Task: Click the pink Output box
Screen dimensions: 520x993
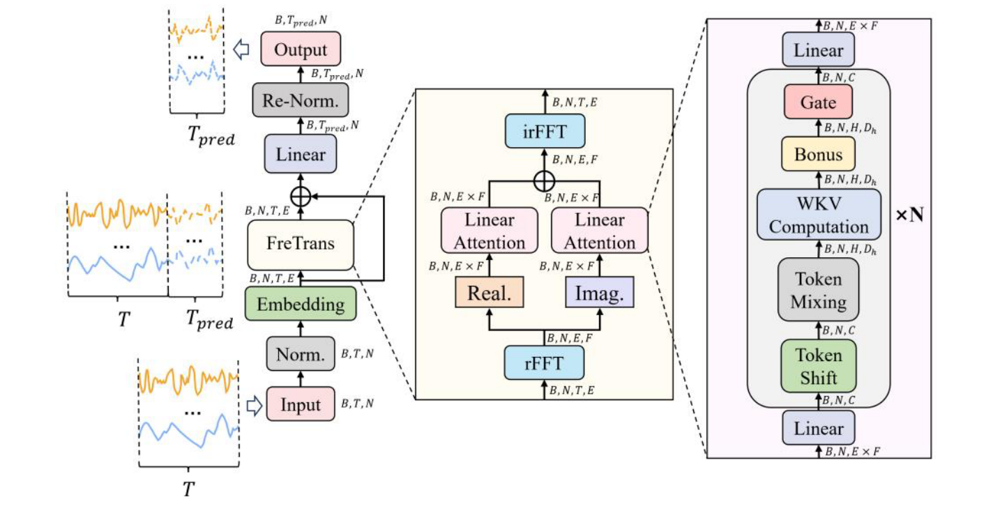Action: pos(301,50)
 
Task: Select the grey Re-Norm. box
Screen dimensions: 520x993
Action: pos(301,102)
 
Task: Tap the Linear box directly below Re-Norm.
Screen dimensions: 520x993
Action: pos(301,153)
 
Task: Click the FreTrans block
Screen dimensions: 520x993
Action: pos(301,244)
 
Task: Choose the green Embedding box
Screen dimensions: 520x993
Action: pos(301,305)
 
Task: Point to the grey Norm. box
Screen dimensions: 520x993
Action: pos(301,355)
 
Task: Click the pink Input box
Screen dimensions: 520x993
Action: pos(301,405)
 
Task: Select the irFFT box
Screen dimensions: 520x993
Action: pos(543,130)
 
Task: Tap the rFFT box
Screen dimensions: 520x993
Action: pos(543,362)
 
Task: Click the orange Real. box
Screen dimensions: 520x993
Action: pos(489,293)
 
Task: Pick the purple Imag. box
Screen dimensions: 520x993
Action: pos(600,293)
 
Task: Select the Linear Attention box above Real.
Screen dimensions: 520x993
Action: pos(489,231)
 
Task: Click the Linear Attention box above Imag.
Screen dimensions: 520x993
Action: pos(600,231)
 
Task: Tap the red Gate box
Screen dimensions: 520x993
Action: pos(819,102)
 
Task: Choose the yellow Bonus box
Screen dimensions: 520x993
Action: pos(819,154)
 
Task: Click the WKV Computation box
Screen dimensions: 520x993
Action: pos(819,214)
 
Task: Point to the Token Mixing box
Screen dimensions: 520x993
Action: pos(819,290)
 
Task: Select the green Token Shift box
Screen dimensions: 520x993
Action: pos(819,366)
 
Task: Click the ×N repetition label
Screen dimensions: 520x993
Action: pos(909,214)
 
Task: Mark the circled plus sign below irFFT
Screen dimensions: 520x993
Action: pos(543,182)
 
